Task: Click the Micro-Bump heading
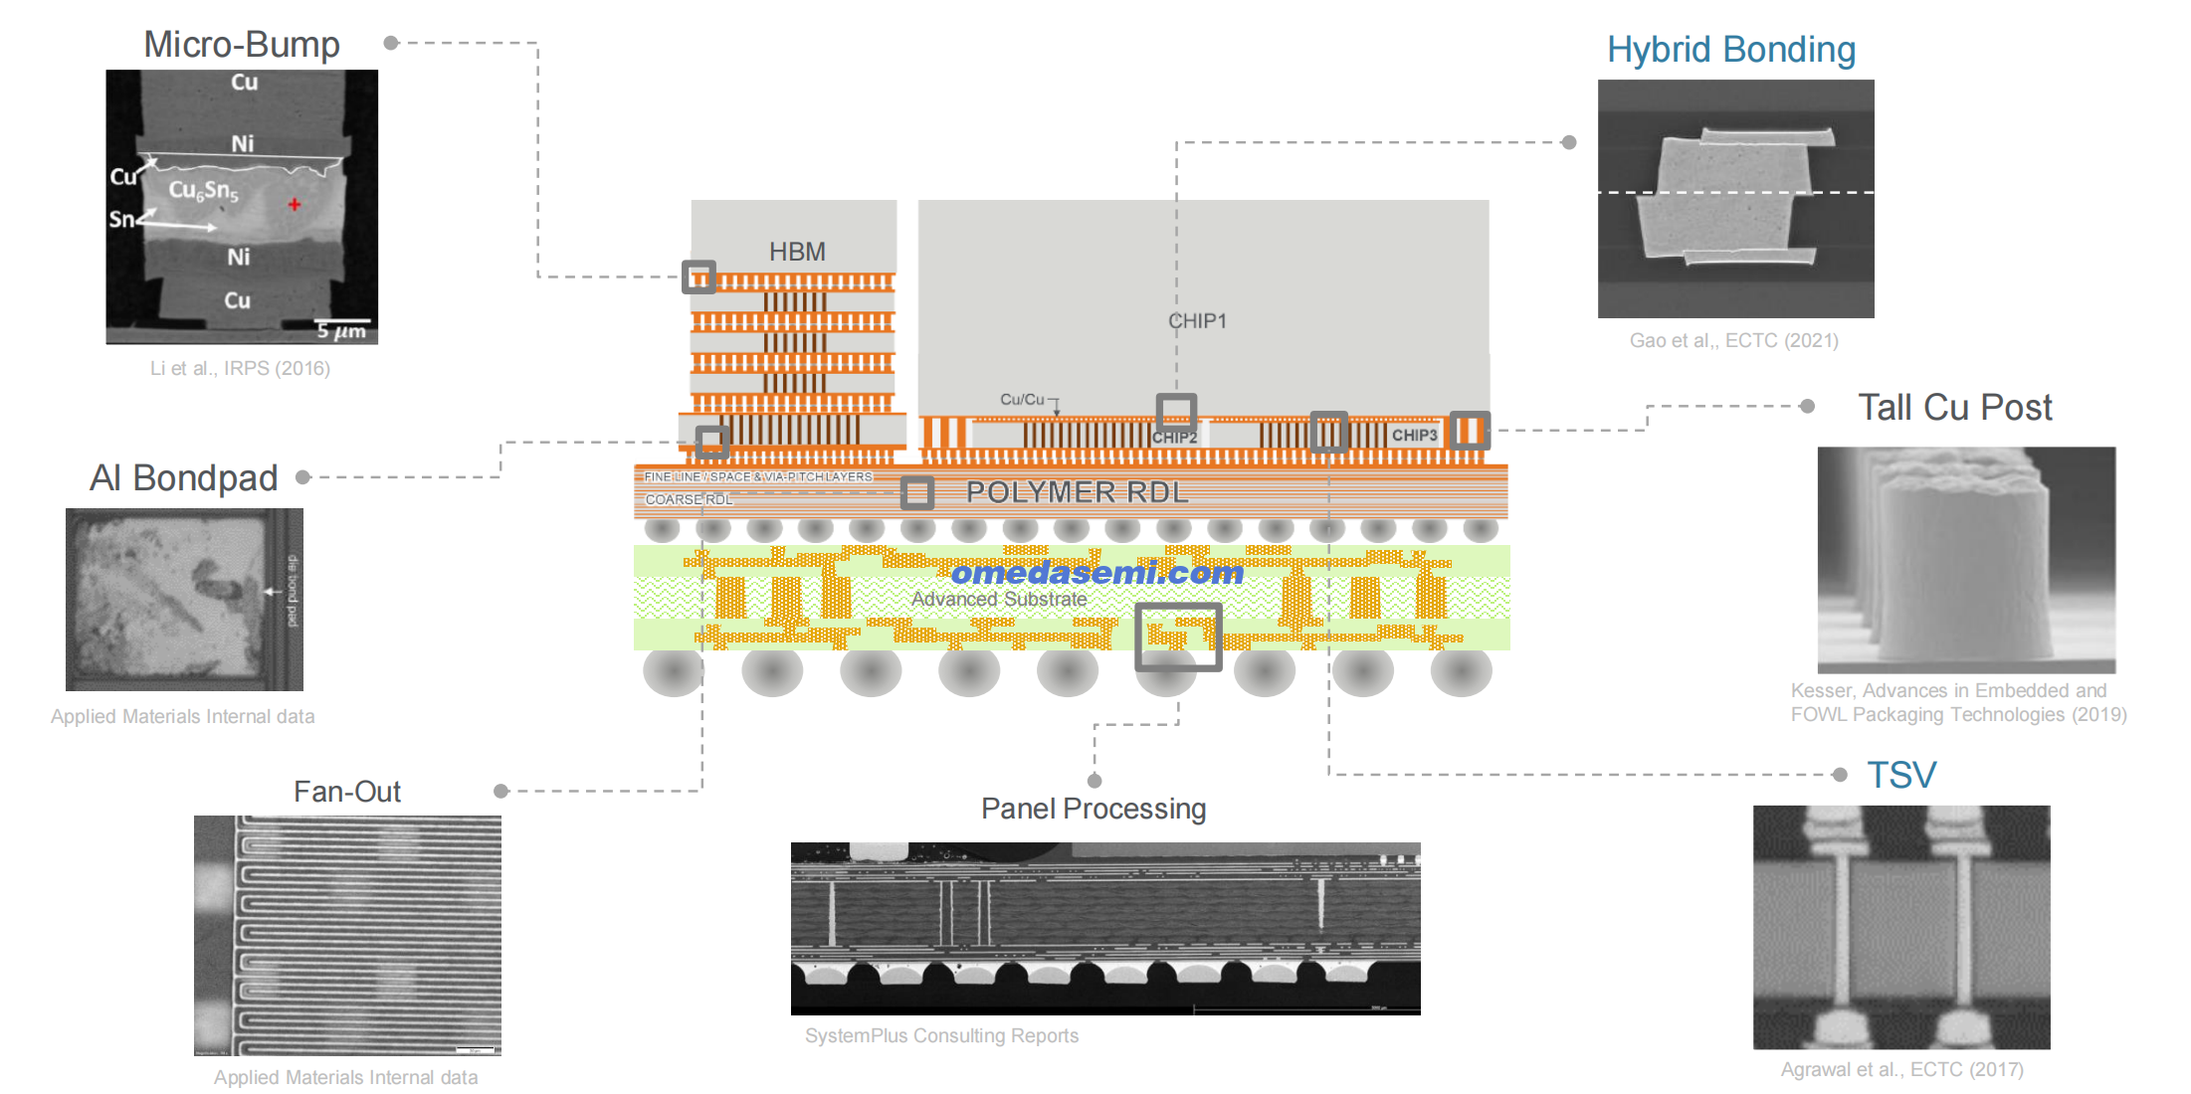point(242,45)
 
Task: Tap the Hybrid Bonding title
point(1731,50)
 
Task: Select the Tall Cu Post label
point(1954,407)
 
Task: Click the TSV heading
point(1901,775)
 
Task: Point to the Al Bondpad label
point(184,478)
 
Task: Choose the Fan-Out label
point(347,792)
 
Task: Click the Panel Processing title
point(1094,809)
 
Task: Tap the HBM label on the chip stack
point(797,252)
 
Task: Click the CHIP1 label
point(1197,321)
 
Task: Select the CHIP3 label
point(1414,436)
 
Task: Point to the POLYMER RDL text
point(1078,492)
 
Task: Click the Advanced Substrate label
point(999,599)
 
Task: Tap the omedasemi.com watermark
point(1097,573)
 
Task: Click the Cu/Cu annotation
point(1022,400)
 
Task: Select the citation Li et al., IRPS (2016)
point(240,368)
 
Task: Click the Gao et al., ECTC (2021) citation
point(1733,340)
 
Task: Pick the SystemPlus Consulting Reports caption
point(941,1035)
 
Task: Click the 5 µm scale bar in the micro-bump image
point(341,329)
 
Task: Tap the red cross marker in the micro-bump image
point(295,205)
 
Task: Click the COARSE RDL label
point(689,499)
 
